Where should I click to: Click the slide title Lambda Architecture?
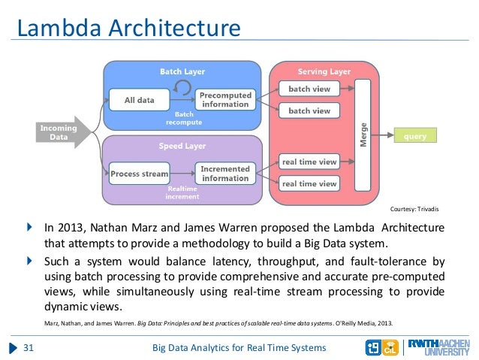[x=128, y=29]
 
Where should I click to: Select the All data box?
[x=140, y=100]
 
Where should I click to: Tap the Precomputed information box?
[x=225, y=99]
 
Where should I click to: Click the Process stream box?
[x=140, y=174]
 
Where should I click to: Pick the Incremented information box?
[x=225, y=174]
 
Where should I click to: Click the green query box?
[x=415, y=137]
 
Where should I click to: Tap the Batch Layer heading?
[x=182, y=71]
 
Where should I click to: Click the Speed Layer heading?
[x=182, y=146]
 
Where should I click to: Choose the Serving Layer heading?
[x=324, y=71]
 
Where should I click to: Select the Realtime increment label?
[x=182, y=193]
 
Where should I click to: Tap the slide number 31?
[x=30, y=347]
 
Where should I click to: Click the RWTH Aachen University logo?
[x=441, y=347]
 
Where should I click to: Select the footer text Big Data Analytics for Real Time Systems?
[x=239, y=347]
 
